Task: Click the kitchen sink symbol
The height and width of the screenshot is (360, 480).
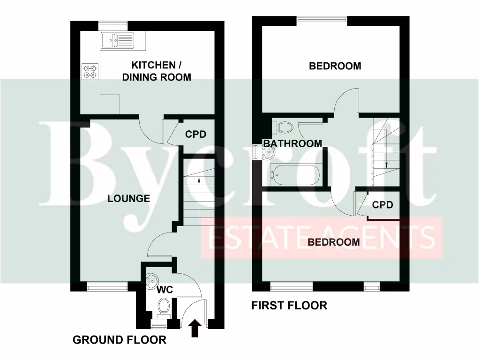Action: click(116, 40)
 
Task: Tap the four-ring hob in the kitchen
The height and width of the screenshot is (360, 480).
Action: click(90, 71)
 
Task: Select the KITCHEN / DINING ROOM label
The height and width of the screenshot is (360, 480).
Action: click(157, 71)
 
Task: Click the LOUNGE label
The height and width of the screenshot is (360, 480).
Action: click(129, 199)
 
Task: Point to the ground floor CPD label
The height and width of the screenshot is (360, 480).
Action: click(195, 135)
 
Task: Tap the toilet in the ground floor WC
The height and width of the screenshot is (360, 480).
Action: click(163, 307)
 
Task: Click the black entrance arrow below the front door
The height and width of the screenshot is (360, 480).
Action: click(196, 328)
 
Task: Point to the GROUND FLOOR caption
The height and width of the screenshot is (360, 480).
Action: click(119, 340)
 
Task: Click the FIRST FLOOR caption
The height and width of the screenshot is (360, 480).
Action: click(289, 306)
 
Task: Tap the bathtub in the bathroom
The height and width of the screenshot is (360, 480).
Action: click(295, 175)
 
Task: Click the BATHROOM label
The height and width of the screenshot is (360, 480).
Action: click(292, 143)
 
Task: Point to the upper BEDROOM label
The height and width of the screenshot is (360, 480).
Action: click(335, 66)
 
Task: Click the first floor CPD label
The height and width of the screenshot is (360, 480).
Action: click(382, 205)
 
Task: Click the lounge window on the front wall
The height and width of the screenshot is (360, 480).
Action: click(107, 285)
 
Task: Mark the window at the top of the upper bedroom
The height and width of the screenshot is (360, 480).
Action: click(322, 20)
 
